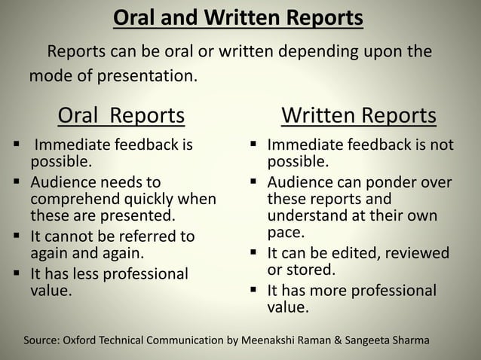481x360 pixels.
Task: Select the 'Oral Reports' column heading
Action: (x=121, y=116)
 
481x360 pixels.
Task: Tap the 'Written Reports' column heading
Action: (x=358, y=116)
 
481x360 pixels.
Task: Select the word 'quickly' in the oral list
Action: (x=139, y=199)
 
